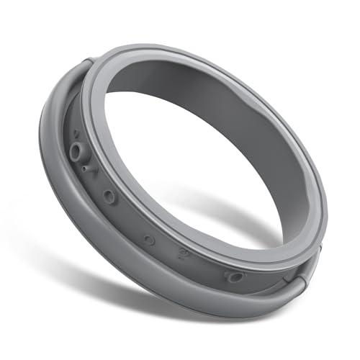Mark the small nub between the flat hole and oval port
coord(183,253)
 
